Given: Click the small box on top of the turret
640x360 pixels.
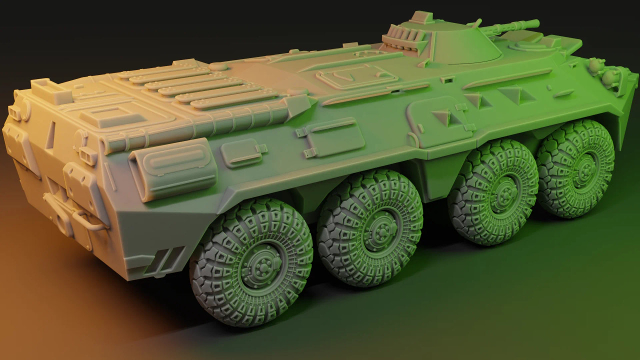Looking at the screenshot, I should [421, 17].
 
